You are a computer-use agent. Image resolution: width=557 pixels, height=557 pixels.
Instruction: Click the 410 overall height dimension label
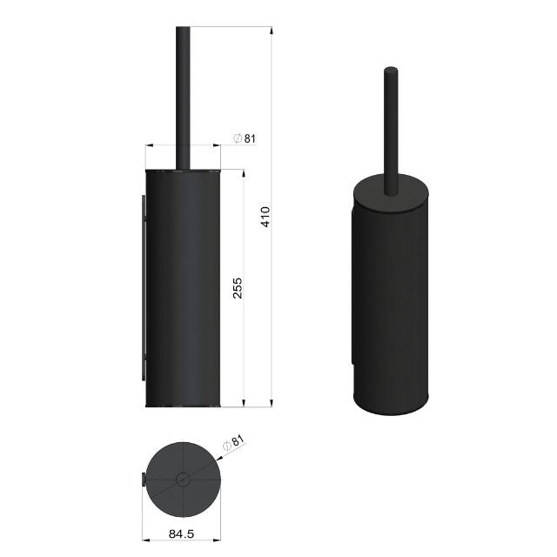265,216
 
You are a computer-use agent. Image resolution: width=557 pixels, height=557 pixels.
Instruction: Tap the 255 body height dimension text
237,287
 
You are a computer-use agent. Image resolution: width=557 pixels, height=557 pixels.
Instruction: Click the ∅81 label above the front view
245,138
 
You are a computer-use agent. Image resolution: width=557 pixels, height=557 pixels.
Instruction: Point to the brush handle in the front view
183,96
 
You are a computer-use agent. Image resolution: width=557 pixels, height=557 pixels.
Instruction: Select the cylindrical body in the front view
183,287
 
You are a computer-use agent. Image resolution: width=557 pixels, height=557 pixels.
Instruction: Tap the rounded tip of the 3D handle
390,70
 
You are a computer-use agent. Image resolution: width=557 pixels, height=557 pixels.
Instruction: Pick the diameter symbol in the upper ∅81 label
237,138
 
